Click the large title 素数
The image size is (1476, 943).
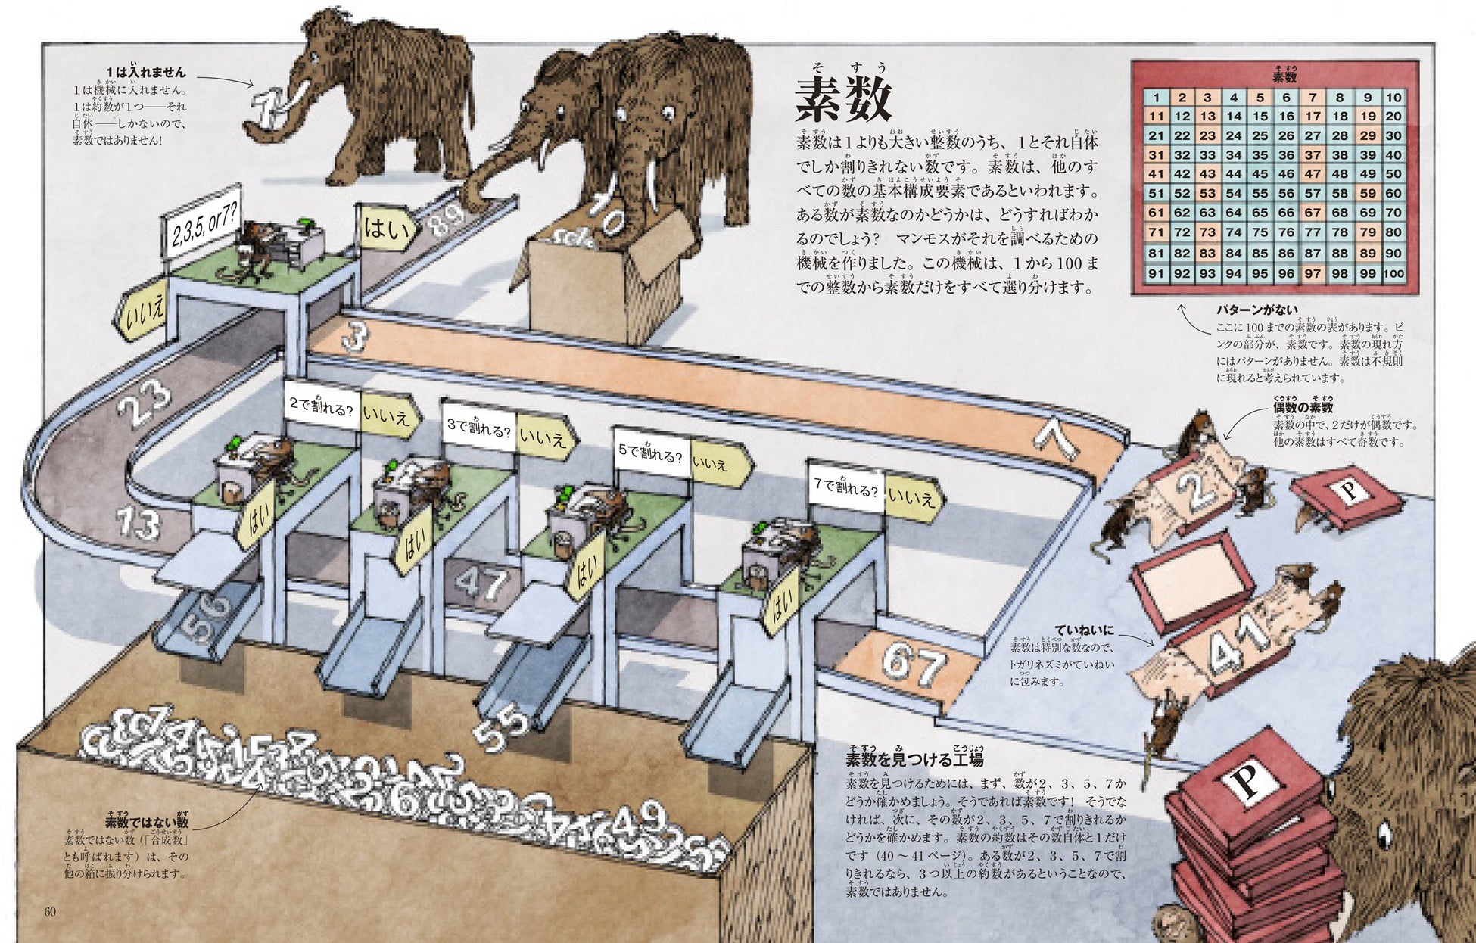point(842,101)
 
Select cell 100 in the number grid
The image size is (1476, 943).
point(1393,273)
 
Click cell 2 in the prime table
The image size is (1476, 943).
point(1182,98)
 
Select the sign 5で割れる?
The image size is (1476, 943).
point(650,456)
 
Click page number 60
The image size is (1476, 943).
point(50,911)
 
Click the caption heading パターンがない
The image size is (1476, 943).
point(1256,309)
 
